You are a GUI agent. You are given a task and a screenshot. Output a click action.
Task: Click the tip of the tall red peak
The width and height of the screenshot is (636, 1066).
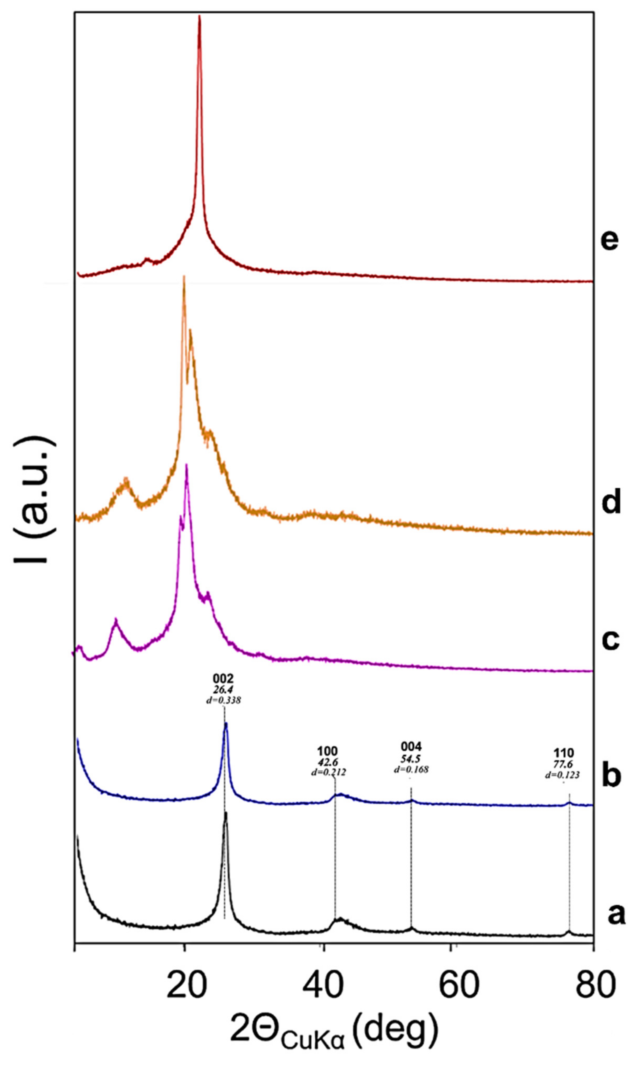pyautogui.click(x=199, y=16)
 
